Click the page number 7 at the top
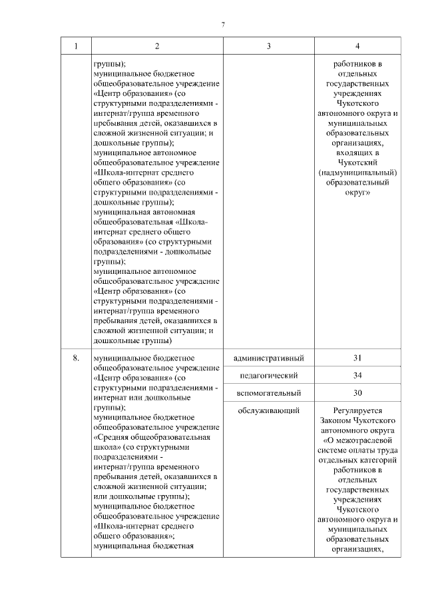(x=224, y=25)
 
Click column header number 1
(x=75, y=46)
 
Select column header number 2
(x=156, y=46)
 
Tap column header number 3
(x=268, y=46)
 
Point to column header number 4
(x=358, y=46)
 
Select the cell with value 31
(x=358, y=358)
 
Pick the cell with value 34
(x=358, y=376)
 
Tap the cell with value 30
(x=358, y=393)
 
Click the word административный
(x=270, y=358)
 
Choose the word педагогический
(x=270, y=376)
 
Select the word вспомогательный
(x=270, y=393)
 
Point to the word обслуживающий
(x=270, y=410)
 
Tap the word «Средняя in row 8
(x=111, y=437)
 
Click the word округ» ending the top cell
(x=358, y=192)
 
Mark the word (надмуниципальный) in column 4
(x=358, y=173)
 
